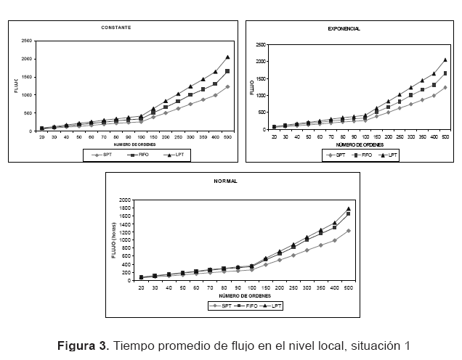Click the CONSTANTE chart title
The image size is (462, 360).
point(116,28)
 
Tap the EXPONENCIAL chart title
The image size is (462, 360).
point(344,28)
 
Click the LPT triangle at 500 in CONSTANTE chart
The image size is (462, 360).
point(227,57)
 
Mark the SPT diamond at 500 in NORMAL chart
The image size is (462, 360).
point(349,231)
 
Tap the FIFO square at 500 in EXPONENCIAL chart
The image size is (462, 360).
point(445,73)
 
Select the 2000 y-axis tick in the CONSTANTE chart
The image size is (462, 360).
point(25,59)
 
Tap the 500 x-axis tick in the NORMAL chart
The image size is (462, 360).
point(349,288)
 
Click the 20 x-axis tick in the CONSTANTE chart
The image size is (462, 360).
point(42,137)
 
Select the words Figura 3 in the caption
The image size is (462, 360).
point(81,344)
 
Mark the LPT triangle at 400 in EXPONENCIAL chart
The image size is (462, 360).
point(434,73)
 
